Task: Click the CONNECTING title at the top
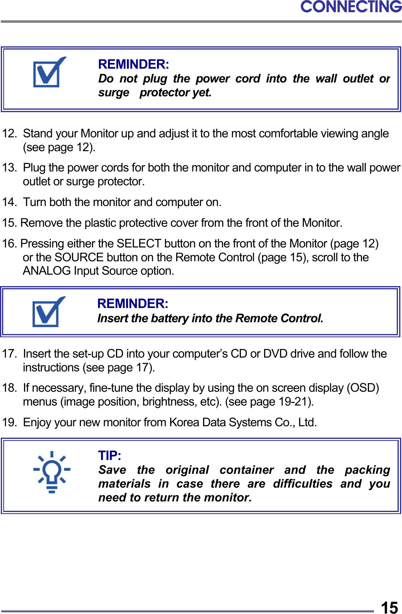(x=351, y=7)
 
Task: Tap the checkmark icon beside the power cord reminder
(x=49, y=72)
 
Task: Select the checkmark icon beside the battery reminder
(x=48, y=312)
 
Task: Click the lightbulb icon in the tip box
(x=52, y=472)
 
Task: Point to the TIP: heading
(x=109, y=456)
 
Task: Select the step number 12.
(x=9, y=134)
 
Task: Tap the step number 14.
(x=9, y=202)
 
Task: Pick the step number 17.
(x=9, y=354)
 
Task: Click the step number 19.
(x=9, y=423)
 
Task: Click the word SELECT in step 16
(x=139, y=244)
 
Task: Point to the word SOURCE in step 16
(x=79, y=258)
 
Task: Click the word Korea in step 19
(x=184, y=423)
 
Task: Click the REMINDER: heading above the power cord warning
(x=133, y=64)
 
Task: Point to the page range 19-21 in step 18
(x=293, y=402)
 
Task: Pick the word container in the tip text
(x=247, y=470)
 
